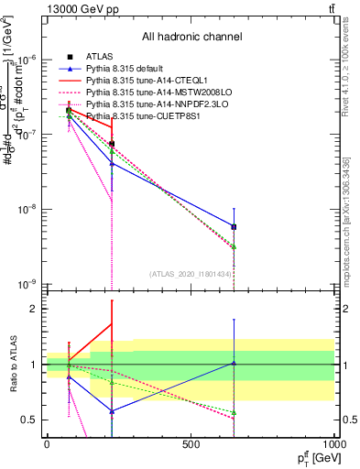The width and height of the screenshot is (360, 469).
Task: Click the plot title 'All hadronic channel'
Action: tap(191, 37)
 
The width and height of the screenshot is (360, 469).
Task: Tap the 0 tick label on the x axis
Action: tap(47, 443)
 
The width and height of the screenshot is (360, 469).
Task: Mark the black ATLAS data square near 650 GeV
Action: tap(234, 226)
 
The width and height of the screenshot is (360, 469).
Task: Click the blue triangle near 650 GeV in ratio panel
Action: tap(234, 363)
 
